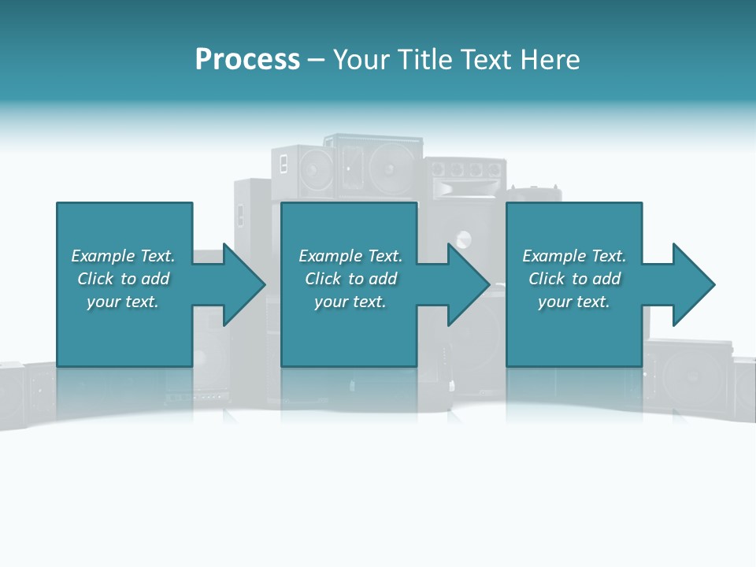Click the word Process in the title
[247, 60]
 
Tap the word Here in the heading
[551, 60]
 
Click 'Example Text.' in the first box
[123, 256]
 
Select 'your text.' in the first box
[123, 302]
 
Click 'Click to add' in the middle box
[350, 279]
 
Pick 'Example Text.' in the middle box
[350, 256]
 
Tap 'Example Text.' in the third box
[574, 256]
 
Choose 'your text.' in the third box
[574, 302]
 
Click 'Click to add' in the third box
[574, 279]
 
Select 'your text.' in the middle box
[350, 302]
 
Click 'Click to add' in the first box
[123, 279]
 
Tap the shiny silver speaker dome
[462, 239]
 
